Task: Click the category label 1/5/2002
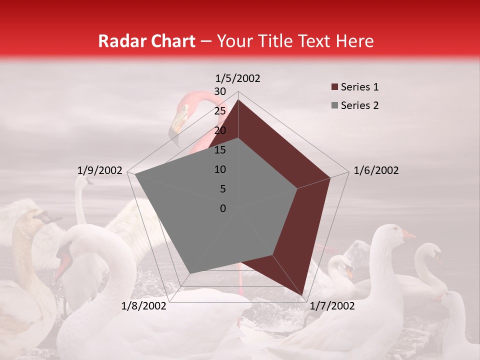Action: click(x=238, y=78)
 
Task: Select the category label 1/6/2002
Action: click(x=376, y=170)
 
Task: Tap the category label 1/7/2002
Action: click(x=332, y=306)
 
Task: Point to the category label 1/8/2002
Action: click(x=144, y=306)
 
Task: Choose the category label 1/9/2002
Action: click(x=100, y=170)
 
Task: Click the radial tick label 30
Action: click(x=220, y=91)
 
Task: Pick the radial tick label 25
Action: click(x=220, y=111)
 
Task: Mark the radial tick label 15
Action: click(x=220, y=150)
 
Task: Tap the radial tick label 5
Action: click(x=222, y=189)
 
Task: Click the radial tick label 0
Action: click(x=223, y=208)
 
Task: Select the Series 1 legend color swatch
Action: click(x=334, y=87)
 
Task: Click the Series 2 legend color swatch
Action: click(x=334, y=105)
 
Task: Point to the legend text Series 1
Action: click(x=359, y=87)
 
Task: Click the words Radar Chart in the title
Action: click(x=146, y=41)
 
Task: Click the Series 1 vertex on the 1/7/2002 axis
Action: click(x=303, y=295)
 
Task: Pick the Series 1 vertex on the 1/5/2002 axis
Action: click(x=238, y=99)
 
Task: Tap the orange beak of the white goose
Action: click(x=408, y=235)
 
